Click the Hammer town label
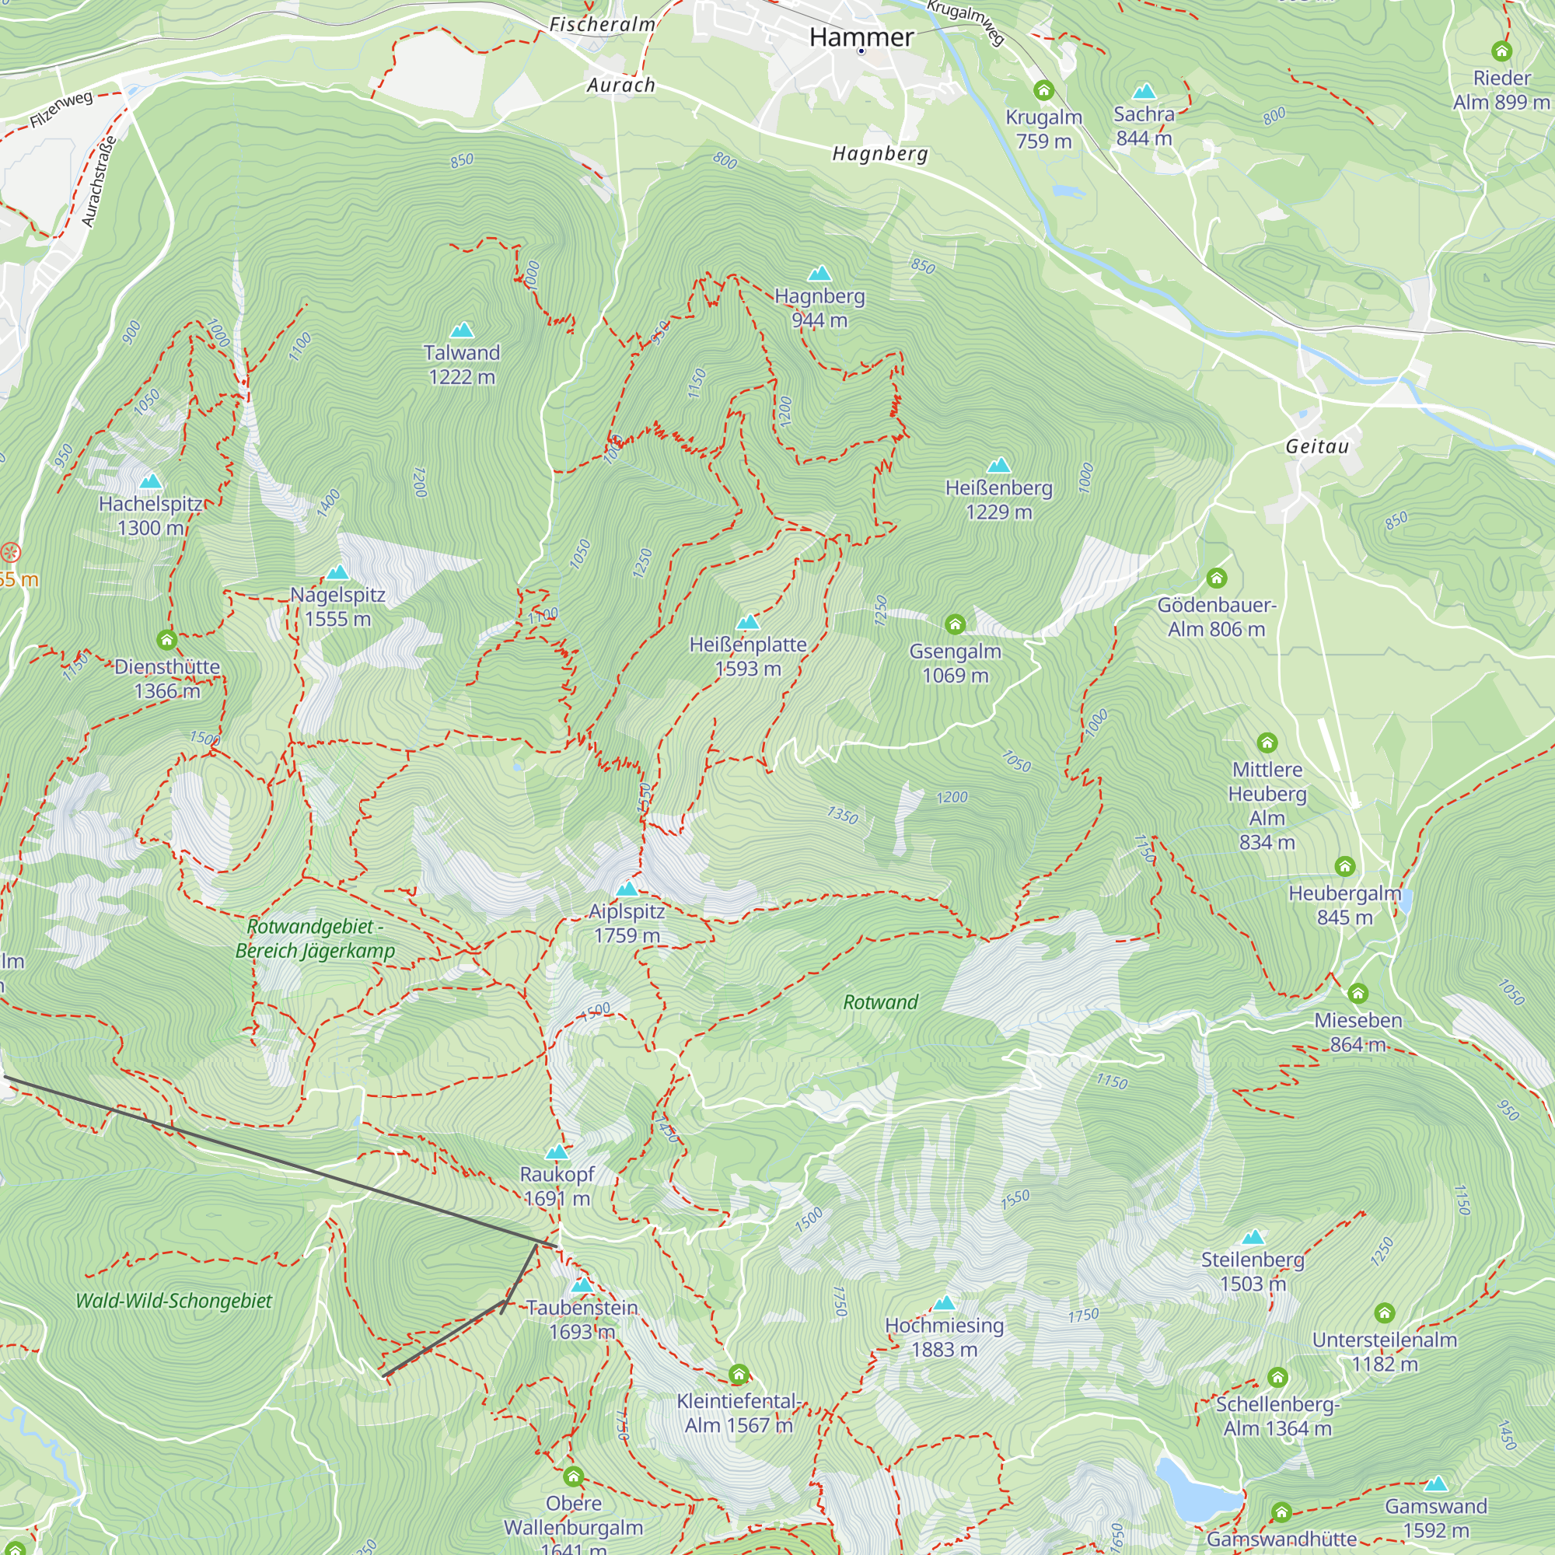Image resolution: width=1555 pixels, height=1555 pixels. click(861, 37)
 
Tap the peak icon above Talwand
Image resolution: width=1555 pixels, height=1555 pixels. click(462, 330)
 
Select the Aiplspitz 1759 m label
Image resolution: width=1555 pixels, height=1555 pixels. click(627, 923)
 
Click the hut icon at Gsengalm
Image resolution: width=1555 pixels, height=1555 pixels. click(956, 624)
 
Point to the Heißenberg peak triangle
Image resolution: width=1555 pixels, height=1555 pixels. click(998, 465)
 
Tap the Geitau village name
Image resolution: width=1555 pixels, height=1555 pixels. click(1317, 446)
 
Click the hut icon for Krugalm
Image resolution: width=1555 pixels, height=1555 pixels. click(1044, 90)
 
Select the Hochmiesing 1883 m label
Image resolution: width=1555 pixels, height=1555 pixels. click(944, 1337)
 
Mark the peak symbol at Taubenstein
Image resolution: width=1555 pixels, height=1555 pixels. click(581, 1285)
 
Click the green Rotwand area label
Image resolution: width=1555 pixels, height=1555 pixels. click(881, 1002)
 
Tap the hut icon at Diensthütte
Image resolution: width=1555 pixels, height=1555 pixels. click(166, 640)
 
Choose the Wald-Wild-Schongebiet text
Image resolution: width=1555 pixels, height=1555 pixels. click(174, 1301)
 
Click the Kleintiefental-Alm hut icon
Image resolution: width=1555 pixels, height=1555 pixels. click(738, 1374)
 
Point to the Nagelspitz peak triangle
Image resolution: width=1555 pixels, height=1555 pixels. click(337, 572)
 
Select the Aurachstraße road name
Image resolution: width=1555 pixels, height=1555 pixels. click(100, 182)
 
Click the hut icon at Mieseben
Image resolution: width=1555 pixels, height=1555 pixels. click(1358, 993)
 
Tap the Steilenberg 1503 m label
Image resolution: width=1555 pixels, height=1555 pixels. click(1253, 1271)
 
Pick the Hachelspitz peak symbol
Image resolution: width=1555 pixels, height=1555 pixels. click(151, 481)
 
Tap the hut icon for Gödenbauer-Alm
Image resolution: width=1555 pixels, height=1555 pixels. click(1216, 578)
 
